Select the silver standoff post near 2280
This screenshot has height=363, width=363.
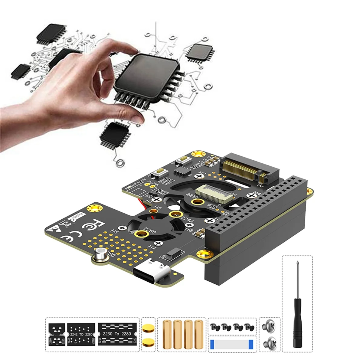pos(100,255)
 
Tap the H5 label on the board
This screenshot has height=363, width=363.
pos(114,231)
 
